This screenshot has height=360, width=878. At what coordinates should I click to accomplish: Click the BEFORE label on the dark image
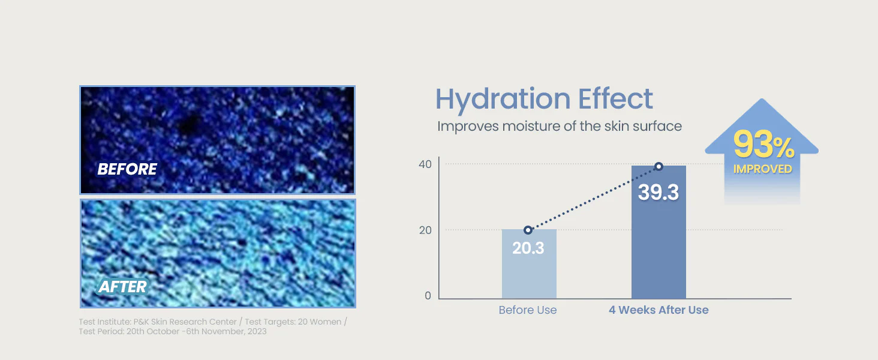pyautogui.click(x=127, y=169)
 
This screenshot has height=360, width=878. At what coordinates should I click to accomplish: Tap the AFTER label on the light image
pyautogui.click(x=123, y=287)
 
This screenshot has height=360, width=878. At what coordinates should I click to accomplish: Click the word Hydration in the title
pyautogui.click(x=503, y=99)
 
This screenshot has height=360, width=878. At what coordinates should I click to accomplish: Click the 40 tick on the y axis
pyautogui.click(x=425, y=164)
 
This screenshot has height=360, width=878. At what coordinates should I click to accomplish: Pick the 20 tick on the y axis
pyautogui.click(x=425, y=230)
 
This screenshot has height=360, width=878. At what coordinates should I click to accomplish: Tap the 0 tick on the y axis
pyautogui.click(x=428, y=296)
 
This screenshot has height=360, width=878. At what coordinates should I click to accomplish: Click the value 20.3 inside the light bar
pyautogui.click(x=528, y=248)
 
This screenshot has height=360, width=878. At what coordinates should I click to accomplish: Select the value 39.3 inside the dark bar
pyautogui.click(x=659, y=192)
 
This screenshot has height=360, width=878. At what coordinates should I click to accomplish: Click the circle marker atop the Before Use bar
pyautogui.click(x=528, y=230)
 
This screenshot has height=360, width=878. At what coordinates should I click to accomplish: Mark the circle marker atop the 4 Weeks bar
pyautogui.click(x=659, y=166)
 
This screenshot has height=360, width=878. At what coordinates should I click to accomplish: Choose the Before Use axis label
pyautogui.click(x=528, y=310)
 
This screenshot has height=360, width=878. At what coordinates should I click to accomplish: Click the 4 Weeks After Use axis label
pyautogui.click(x=659, y=310)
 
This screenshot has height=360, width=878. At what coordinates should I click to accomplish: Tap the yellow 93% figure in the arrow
pyautogui.click(x=763, y=145)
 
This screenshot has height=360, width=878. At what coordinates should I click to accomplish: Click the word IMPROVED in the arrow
pyautogui.click(x=763, y=169)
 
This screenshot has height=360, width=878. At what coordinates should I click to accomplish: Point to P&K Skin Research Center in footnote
pyautogui.click(x=185, y=322)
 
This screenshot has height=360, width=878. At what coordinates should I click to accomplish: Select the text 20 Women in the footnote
pyautogui.click(x=320, y=322)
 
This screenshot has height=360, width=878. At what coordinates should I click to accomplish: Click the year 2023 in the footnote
pyautogui.click(x=257, y=331)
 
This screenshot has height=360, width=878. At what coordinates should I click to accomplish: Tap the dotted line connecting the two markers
pyautogui.click(x=594, y=199)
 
